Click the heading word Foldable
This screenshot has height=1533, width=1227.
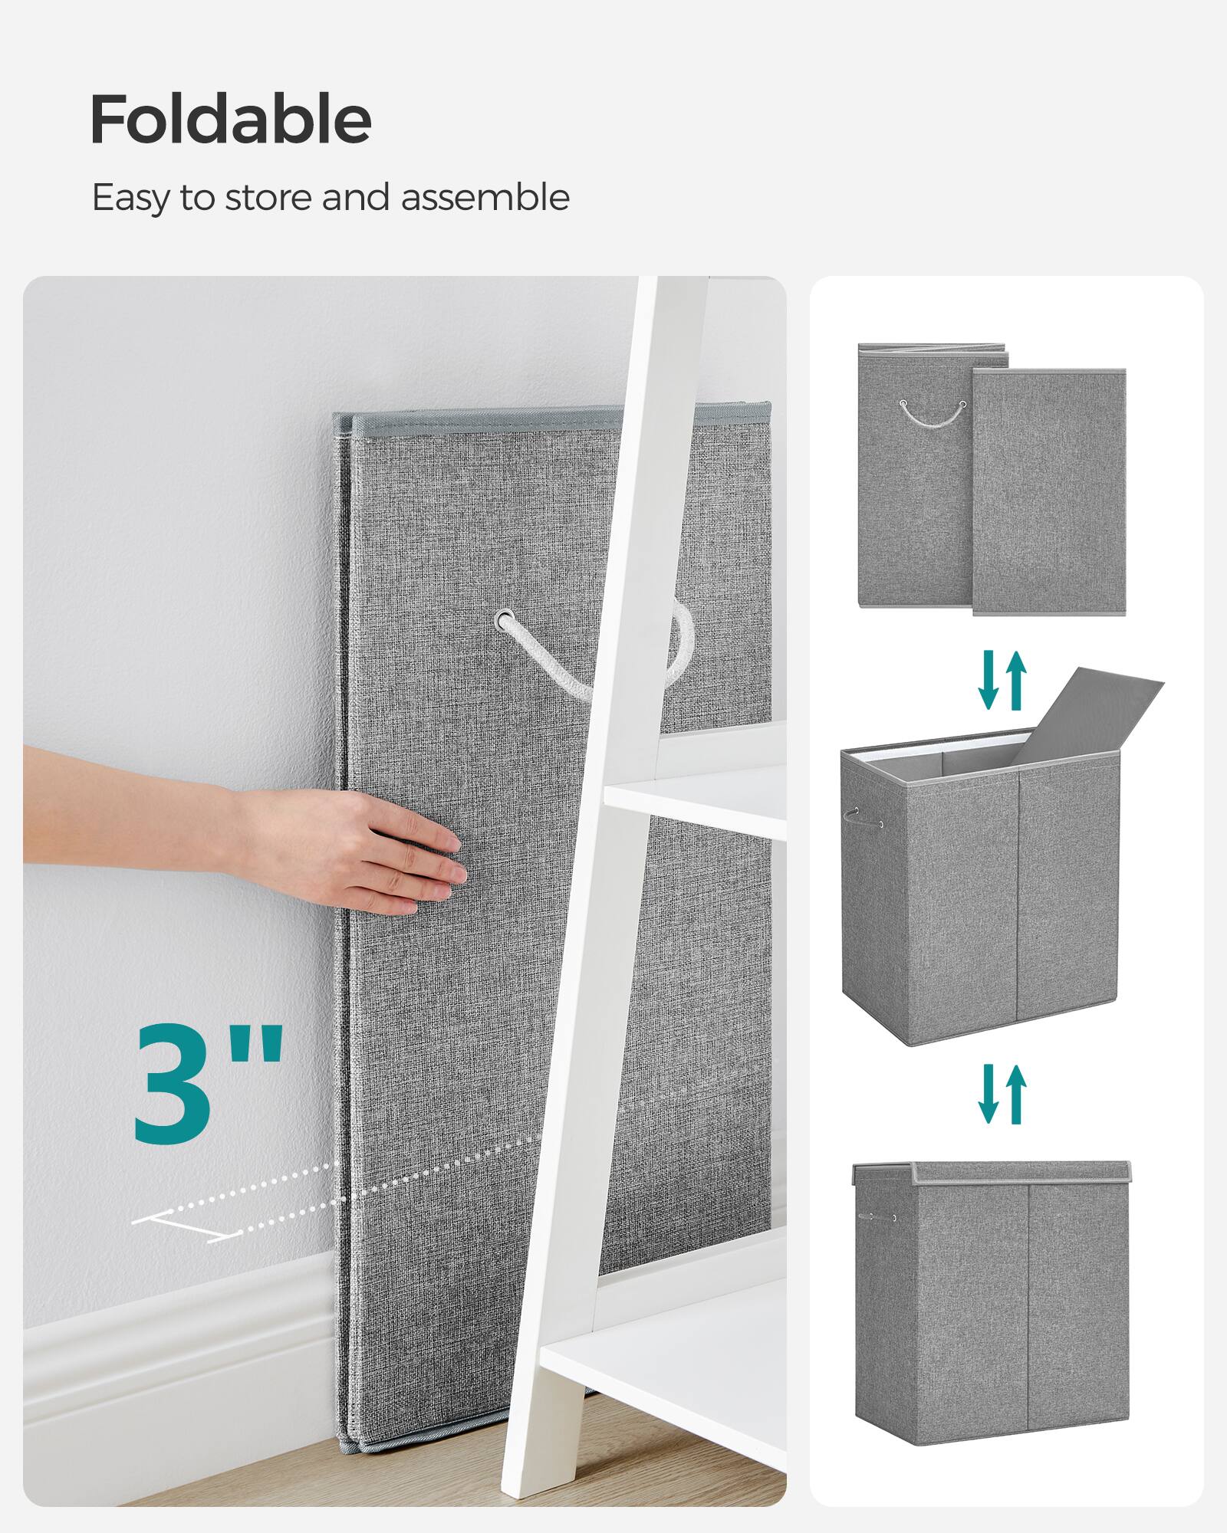(x=230, y=120)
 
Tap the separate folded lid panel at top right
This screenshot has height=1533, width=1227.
(x=1049, y=491)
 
